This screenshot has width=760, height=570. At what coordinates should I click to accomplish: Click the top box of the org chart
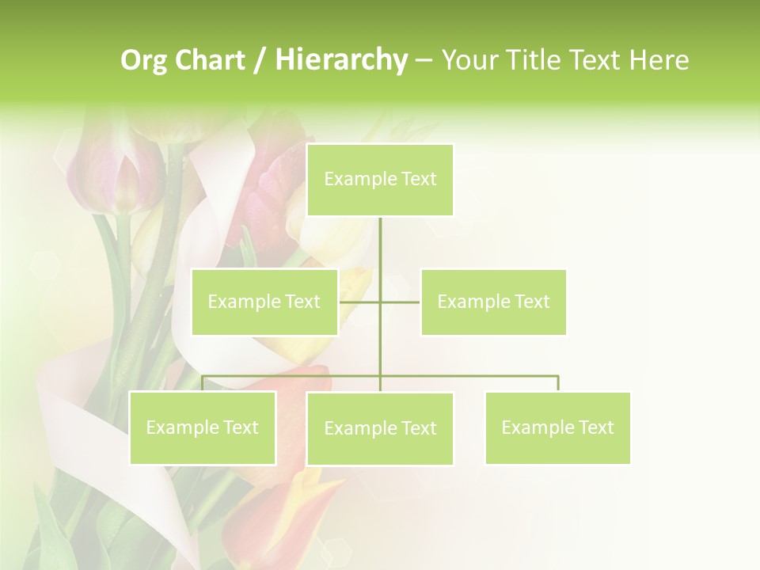pos(380,180)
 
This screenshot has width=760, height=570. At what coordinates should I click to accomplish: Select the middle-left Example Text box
pos(264,302)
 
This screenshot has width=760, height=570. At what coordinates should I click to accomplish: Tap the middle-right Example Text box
pos(493,302)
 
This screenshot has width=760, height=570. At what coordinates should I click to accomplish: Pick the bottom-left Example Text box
pos(203,427)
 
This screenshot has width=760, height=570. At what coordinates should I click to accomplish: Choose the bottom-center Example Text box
pos(380,428)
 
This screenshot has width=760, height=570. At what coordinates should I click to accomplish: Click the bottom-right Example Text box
pos(557,427)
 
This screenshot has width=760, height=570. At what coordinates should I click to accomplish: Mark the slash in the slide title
pos(260,60)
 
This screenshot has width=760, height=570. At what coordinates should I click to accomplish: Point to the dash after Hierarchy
pos(424,60)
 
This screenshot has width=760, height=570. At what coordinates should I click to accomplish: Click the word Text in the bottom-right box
pos(595,427)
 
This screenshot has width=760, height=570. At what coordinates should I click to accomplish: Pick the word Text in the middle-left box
pos(302,302)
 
